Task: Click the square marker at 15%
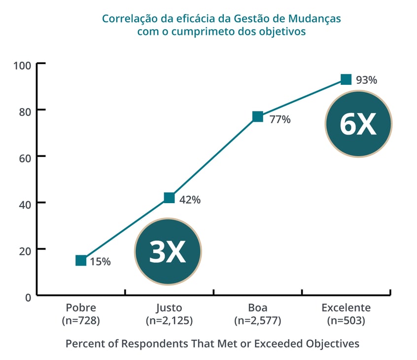tap(81, 260)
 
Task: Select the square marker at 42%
tap(169, 198)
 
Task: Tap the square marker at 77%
tap(257, 116)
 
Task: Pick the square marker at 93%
tap(346, 79)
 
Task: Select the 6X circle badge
tap(358, 124)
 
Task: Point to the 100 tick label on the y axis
tap(22, 65)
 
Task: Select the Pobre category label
tap(81, 308)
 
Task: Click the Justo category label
tap(169, 308)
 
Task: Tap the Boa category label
tap(257, 308)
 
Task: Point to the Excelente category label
tap(346, 308)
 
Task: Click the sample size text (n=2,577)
tap(257, 321)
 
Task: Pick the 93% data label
tap(366, 80)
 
